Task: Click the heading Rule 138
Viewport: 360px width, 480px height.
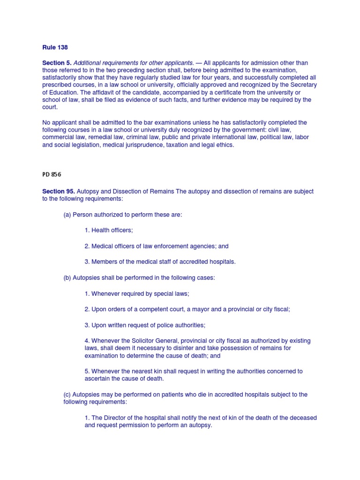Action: coord(55,48)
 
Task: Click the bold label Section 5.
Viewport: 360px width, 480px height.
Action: coord(57,63)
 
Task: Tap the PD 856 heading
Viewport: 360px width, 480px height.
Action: coord(52,174)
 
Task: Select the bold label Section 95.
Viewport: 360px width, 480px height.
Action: coord(58,192)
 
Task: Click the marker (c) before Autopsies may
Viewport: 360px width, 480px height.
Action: coord(68,395)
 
